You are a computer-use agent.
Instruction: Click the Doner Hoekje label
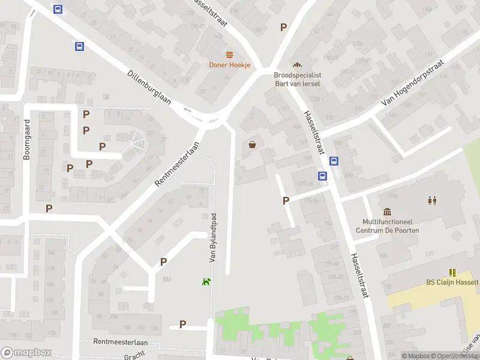point(229,65)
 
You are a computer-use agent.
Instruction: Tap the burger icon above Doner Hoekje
point(230,55)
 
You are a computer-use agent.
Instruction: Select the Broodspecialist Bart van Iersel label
point(297,79)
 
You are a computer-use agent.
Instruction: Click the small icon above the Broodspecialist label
point(296,65)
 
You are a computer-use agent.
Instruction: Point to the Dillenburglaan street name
point(149,88)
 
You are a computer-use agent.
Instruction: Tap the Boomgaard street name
point(26,139)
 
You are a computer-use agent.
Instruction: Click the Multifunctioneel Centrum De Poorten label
point(387,226)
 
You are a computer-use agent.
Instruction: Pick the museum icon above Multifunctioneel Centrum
point(387,212)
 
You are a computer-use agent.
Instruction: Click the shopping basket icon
point(253,144)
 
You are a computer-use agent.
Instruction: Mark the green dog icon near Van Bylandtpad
point(206,281)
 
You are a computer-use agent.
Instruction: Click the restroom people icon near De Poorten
point(432,200)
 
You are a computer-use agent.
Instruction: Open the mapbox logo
point(26,353)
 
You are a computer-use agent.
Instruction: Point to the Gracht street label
point(134,356)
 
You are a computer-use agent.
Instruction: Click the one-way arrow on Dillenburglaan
point(188,109)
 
